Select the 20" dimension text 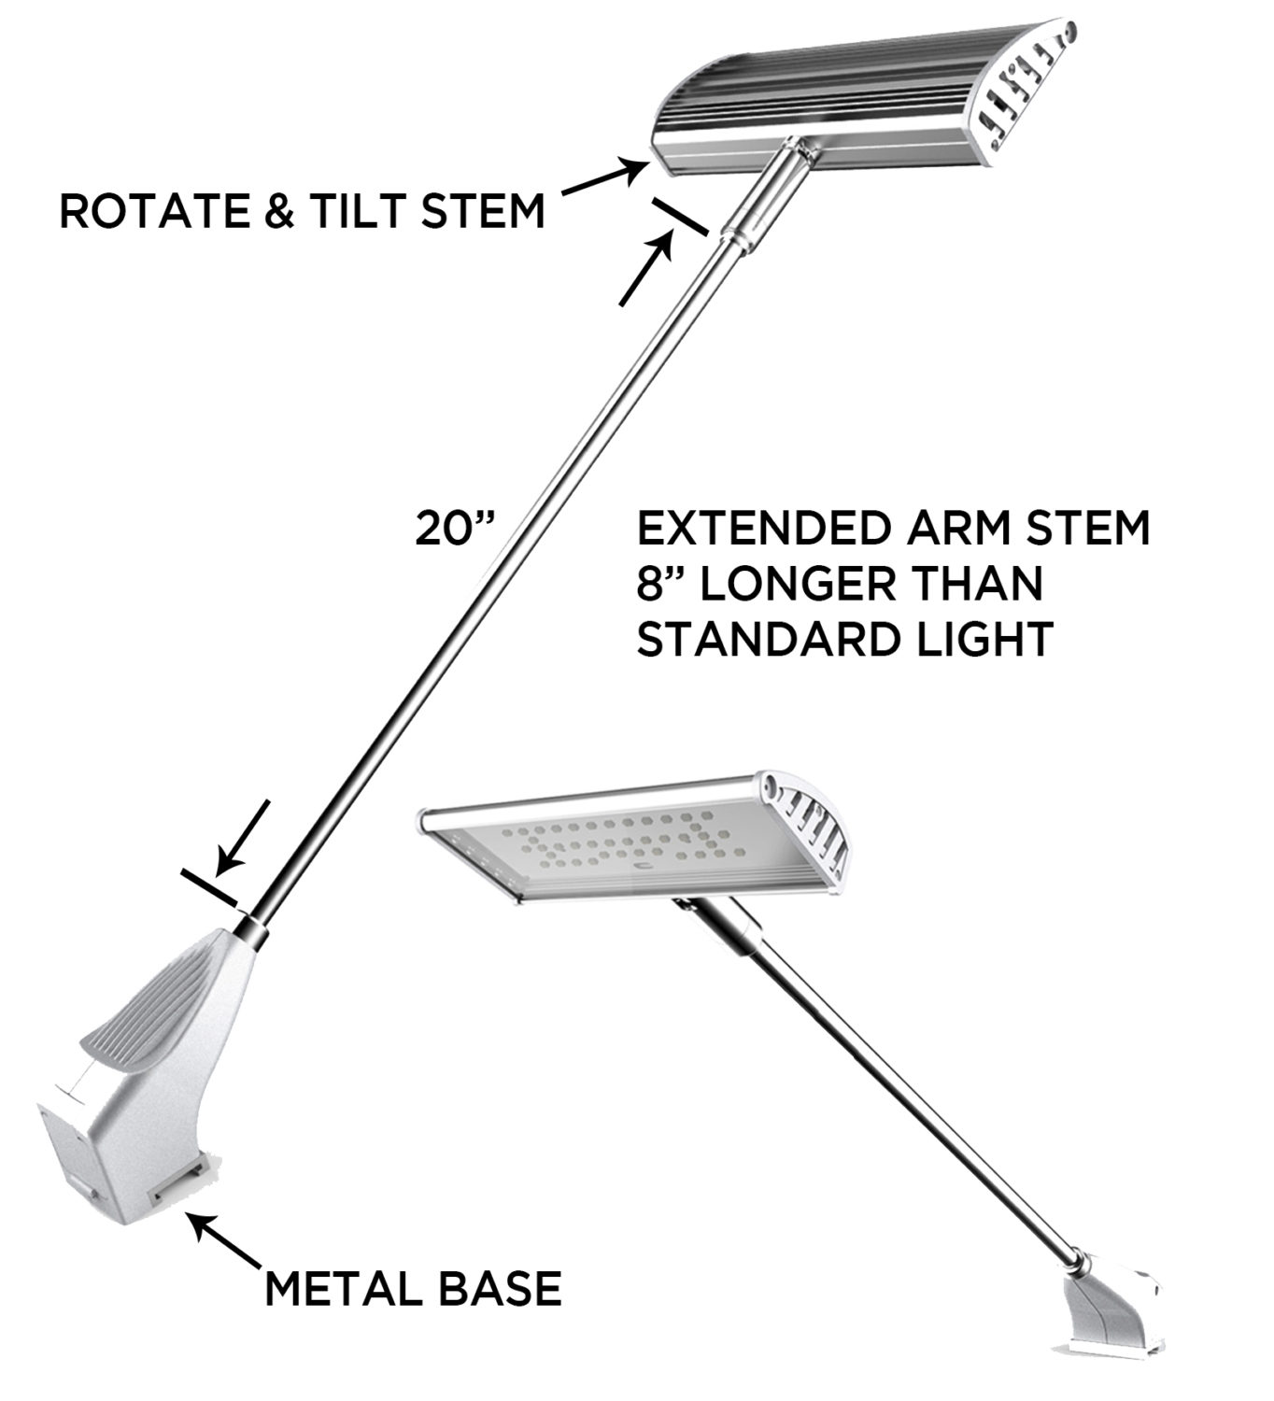tap(452, 530)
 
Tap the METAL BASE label tap(413, 1289)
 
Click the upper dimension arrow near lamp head tap(647, 270)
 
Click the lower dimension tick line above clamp tap(209, 888)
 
